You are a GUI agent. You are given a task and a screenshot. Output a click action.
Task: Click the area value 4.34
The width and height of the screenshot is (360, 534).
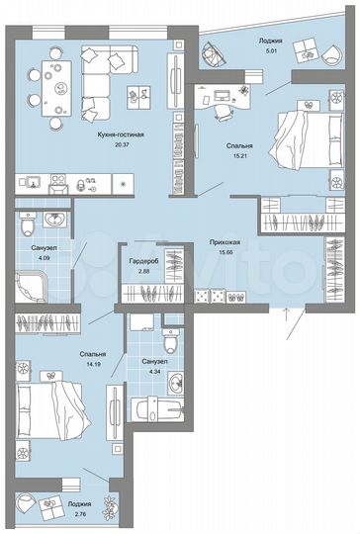(x=149, y=372)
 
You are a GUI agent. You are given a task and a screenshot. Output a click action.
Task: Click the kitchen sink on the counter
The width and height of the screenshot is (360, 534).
(x=34, y=184)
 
